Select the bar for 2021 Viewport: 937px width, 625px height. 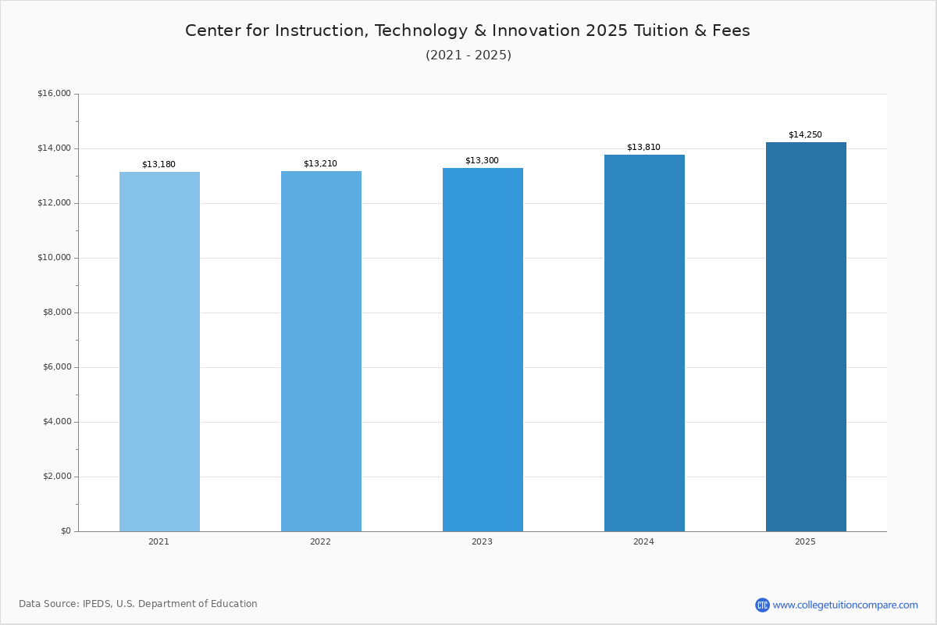(159, 352)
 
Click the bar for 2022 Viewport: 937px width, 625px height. (321, 352)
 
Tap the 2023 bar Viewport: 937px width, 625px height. (483, 350)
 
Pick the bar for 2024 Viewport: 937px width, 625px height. (645, 343)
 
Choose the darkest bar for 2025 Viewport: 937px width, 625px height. (806, 337)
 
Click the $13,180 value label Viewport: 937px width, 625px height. (159, 165)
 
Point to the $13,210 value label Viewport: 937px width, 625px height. (320, 164)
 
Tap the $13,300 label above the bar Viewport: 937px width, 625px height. (482, 160)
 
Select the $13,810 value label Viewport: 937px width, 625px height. (643, 147)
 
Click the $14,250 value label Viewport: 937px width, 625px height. (805, 134)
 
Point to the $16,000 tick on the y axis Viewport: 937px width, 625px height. (55, 93)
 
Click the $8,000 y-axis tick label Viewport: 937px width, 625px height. (57, 312)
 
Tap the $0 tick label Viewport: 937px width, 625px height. (66, 530)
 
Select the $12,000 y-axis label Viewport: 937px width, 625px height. (55, 203)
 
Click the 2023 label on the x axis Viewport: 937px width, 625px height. (482, 541)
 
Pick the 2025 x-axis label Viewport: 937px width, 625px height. (805, 541)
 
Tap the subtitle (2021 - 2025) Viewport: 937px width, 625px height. (468, 55)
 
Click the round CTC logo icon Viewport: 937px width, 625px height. (762, 605)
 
